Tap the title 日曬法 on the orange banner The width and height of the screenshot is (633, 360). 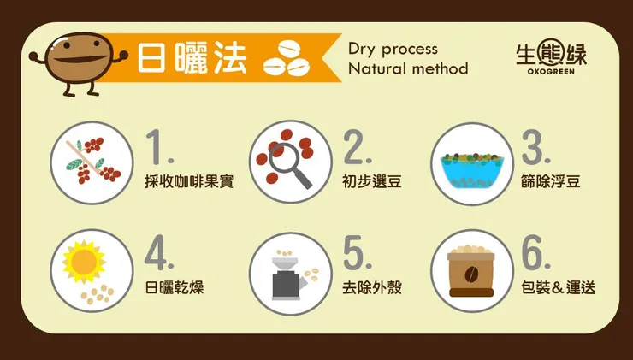click(x=192, y=57)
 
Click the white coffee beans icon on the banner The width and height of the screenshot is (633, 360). click(x=287, y=58)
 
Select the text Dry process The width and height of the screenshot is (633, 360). click(x=393, y=50)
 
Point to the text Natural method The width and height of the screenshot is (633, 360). click(x=408, y=68)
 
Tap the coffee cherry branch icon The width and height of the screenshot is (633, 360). click(x=93, y=161)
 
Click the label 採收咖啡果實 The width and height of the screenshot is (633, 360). click(x=189, y=181)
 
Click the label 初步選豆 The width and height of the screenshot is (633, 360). click(x=372, y=181)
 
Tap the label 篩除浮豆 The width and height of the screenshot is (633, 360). click(x=551, y=181)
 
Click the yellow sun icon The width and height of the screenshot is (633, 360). click(x=84, y=262)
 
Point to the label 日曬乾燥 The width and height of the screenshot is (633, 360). click(x=174, y=288)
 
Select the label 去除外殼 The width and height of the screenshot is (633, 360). click(x=372, y=288)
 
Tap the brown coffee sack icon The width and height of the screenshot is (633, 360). click(x=471, y=271)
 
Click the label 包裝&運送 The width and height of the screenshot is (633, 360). click(x=558, y=288)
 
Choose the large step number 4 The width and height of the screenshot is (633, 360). click(x=158, y=252)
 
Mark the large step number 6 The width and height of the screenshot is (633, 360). click(x=535, y=252)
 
